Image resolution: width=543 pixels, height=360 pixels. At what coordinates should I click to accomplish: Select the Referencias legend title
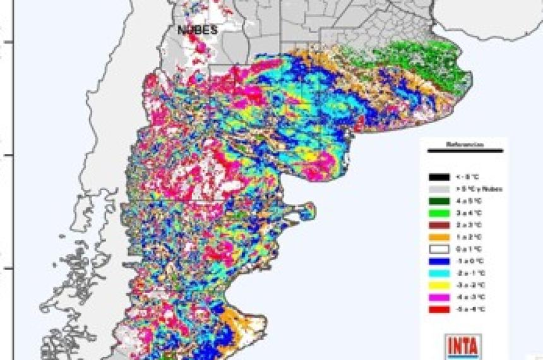pyautogui.click(x=465, y=145)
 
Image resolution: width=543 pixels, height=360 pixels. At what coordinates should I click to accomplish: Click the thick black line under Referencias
pyautogui.click(x=465, y=151)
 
